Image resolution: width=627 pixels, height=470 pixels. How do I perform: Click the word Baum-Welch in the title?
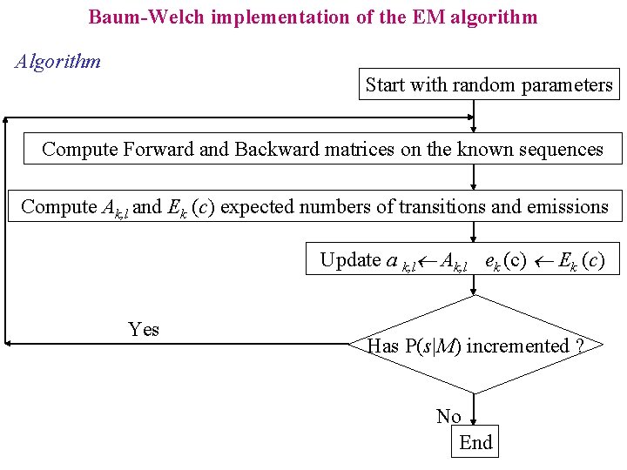tap(146, 17)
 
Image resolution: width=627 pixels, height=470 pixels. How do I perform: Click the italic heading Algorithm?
tap(58, 62)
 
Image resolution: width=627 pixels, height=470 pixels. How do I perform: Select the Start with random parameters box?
tap(489, 84)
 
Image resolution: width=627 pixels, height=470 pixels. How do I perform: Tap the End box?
tap(475, 441)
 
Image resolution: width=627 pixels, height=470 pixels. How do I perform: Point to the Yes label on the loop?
tap(144, 329)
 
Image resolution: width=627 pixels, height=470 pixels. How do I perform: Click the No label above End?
tap(448, 416)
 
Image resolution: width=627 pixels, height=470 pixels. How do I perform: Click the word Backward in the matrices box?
tap(277, 149)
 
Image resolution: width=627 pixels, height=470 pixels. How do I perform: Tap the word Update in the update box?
tap(350, 260)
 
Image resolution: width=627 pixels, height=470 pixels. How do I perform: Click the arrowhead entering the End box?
tap(474, 422)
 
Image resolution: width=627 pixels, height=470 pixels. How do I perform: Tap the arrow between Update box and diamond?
tap(474, 285)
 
